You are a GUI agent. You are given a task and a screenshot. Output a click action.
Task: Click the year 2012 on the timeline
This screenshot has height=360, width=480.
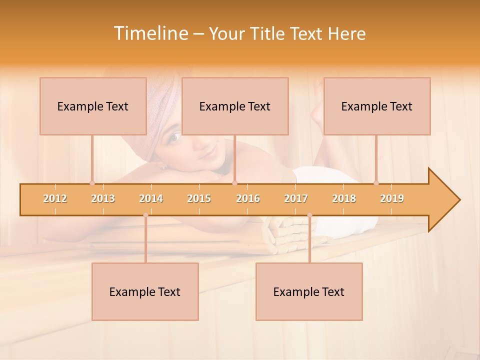click(x=55, y=198)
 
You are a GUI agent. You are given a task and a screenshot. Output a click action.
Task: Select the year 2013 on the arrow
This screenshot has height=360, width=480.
click(x=103, y=198)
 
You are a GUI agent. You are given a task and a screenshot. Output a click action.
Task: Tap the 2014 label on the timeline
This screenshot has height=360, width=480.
click(x=151, y=198)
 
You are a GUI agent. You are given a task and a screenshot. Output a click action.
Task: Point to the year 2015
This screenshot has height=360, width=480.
click(x=199, y=198)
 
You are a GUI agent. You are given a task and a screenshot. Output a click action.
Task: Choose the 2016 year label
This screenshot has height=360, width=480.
click(x=248, y=198)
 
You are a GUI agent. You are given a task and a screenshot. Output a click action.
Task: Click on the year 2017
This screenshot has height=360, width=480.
click(x=296, y=198)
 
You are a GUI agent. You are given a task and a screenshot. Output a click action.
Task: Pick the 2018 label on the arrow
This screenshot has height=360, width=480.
click(x=344, y=198)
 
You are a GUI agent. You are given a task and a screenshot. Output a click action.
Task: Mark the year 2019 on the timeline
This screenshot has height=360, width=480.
click(x=392, y=198)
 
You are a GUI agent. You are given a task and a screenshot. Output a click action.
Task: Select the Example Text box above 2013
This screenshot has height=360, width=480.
click(x=93, y=106)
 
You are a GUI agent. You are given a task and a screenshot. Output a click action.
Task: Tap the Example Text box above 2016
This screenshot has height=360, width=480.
click(x=235, y=106)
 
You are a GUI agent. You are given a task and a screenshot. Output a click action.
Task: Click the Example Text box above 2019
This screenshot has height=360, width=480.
click(x=377, y=106)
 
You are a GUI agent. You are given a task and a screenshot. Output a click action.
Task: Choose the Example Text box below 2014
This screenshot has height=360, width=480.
click(x=145, y=291)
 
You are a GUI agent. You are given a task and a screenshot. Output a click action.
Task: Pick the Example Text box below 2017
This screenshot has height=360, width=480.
click(x=309, y=291)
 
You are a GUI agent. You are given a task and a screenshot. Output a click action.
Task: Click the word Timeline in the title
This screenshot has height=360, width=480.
click(x=150, y=33)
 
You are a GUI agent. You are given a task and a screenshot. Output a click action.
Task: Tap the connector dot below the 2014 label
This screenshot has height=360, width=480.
click(x=145, y=215)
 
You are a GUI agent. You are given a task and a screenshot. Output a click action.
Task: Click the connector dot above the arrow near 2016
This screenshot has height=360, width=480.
click(x=235, y=183)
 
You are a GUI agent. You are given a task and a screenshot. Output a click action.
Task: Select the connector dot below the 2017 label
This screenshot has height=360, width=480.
click(x=309, y=215)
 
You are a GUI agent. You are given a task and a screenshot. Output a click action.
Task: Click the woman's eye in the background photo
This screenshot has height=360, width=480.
click(x=174, y=136)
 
